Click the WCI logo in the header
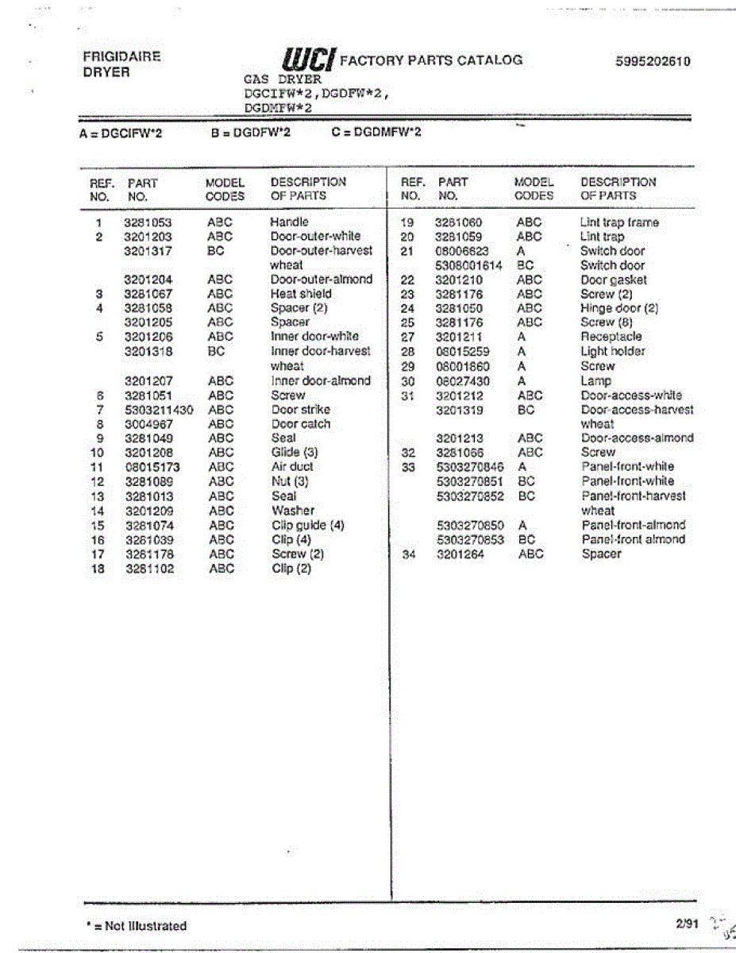(x=307, y=60)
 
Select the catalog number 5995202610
(x=653, y=61)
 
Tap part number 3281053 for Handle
(x=148, y=222)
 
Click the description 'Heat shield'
(x=301, y=294)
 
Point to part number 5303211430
(x=159, y=410)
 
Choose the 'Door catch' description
(x=300, y=424)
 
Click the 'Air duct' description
(x=292, y=467)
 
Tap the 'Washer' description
(x=292, y=511)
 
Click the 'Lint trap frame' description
(x=619, y=222)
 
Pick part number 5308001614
(x=469, y=265)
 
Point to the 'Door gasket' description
(x=613, y=280)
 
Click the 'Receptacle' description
(x=611, y=337)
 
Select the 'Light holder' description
(x=612, y=351)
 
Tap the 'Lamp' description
(x=595, y=381)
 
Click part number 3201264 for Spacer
(x=460, y=554)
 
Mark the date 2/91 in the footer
(x=686, y=924)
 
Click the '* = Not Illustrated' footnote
(x=136, y=926)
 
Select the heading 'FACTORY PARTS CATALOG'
(x=431, y=60)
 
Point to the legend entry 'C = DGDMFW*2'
(x=376, y=133)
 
